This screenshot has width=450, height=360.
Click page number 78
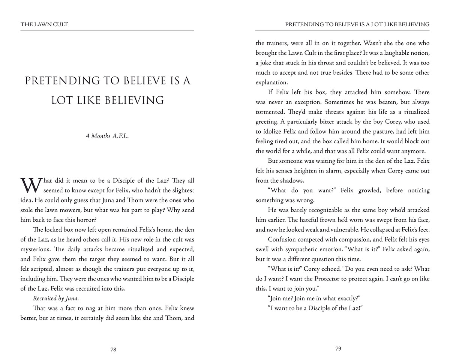[113, 349]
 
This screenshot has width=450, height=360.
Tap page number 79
[338, 349]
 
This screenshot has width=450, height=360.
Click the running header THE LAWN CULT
[44, 24]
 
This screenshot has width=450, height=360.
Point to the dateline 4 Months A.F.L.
[107, 136]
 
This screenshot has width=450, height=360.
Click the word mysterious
[36, 249]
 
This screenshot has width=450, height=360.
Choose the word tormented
[269, 112]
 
